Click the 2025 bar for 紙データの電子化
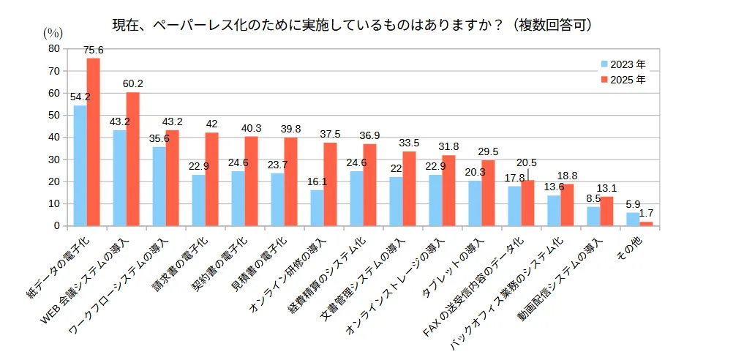[x=93, y=142]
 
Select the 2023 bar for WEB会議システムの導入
[x=119, y=178]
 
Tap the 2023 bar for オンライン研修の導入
[x=317, y=208]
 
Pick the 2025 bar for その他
[x=646, y=223]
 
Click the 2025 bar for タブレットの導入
[x=488, y=193]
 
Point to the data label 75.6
[x=94, y=50]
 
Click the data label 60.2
[x=133, y=83]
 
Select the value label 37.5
[x=331, y=134]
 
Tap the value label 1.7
[x=647, y=214]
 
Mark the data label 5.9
[x=633, y=204]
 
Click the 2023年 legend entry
[x=623, y=64]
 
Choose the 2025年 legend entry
[x=623, y=79]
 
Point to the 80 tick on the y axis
[x=53, y=48]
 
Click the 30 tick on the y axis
[x=53, y=160]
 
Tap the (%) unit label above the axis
[x=53, y=32]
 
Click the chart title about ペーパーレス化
[x=351, y=25]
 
